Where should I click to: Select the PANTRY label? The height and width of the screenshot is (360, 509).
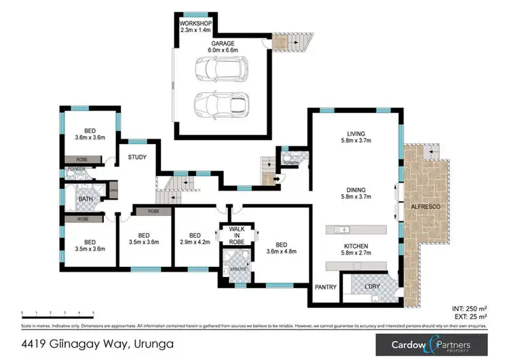(x=326, y=287)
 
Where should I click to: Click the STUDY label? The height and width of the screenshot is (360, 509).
(x=137, y=158)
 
